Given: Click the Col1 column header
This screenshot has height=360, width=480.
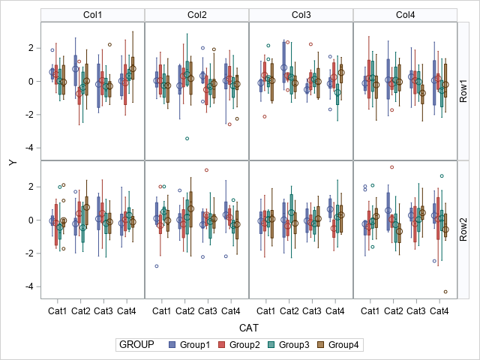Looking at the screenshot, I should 92,15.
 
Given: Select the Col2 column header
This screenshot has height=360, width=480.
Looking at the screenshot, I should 196,15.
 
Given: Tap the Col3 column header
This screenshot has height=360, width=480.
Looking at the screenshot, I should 300,15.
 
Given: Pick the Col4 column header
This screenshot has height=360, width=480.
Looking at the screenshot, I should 404,15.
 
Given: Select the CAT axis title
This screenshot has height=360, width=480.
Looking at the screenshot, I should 248,328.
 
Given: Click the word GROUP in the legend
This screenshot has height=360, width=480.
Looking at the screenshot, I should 136,345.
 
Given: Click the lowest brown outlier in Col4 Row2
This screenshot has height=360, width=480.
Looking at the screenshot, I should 445,292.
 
